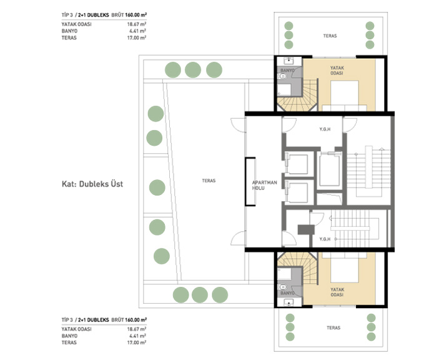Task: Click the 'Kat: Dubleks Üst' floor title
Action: [x=92, y=184]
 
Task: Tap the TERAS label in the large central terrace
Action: [x=209, y=181]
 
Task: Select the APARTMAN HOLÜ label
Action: [x=264, y=185]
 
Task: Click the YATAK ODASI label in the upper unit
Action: [x=337, y=71]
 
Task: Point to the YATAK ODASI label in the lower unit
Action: [x=337, y=292]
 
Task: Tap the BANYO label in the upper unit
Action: [x=287, y=71]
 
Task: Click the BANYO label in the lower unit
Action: [x=287, y=292]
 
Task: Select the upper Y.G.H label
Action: [x=325, y=129]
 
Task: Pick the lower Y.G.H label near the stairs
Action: [x=325, y=239]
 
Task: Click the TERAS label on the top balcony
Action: [x=330, y=36]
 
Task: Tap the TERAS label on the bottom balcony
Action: [x=333, y=327]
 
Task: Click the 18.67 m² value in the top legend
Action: [x=137, y=24]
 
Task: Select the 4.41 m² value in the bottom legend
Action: [x=138, y=336]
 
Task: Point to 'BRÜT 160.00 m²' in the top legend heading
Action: [x=129, y=15]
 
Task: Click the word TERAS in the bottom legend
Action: [x=69, y=342]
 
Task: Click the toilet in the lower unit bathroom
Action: [x=282, y=287]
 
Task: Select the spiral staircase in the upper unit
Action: [x=297, y=96]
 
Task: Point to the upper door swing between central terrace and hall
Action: [x=238, y=124]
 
